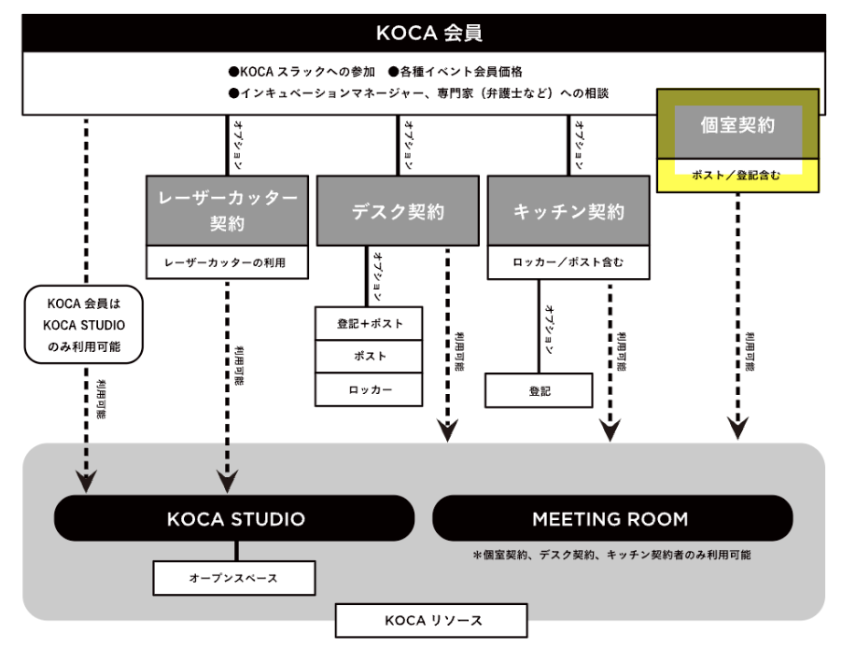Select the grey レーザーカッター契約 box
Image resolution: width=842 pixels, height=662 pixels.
click(x=227, y=210)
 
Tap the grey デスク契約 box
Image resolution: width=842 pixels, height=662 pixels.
click(x=398, y=211)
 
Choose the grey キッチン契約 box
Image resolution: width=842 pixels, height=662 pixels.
click(x=568, y=211)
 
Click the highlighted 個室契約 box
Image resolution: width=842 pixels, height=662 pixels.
click(x=737, y=125)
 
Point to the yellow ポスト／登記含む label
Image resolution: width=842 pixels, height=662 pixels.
click(x=737, y=175)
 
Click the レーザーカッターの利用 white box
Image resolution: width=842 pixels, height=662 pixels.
click(x=227, y=263)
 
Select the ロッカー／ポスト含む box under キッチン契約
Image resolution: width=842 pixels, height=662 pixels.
click(x=568, y=263)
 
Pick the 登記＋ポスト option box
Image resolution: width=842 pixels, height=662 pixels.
click(x=369, y=323)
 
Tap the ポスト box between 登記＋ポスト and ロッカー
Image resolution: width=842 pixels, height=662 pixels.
click(x=369, y=356)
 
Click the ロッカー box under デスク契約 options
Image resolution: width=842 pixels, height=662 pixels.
click(x=369, y=389)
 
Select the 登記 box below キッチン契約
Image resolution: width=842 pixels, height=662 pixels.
click(x=539, y=390)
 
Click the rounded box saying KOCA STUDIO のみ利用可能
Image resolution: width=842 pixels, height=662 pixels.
click(x=84, y=325)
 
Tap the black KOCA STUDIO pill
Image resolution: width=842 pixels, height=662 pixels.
click(x=235, y=518)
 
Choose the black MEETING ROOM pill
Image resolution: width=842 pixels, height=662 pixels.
click(x=611, y=518)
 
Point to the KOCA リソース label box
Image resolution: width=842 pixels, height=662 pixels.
click(x=431, y=620)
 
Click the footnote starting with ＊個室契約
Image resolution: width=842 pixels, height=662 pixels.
click(x=611, y=555)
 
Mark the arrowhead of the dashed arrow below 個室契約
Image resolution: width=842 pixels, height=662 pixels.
click(x=737, y=429)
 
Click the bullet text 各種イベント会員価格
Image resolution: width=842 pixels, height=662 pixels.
click(x=458, y=71)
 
